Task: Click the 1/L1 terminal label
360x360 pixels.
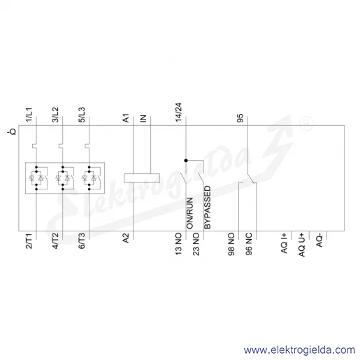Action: [x=29, y=115]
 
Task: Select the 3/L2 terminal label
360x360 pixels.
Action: [x=55, y=115]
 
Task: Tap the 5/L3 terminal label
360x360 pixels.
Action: [x=82, y=115]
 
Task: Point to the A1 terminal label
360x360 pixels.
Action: [x=126, y=118]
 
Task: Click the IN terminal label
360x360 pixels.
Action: [x=143, y=119]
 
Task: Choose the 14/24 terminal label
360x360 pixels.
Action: [x=179, y=113]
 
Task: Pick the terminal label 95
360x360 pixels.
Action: [x=240, y=118]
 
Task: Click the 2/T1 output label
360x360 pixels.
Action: [x=29, y=240]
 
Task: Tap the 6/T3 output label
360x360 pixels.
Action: [x=82, y=240]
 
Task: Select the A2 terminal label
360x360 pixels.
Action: [x=126, y=238]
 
